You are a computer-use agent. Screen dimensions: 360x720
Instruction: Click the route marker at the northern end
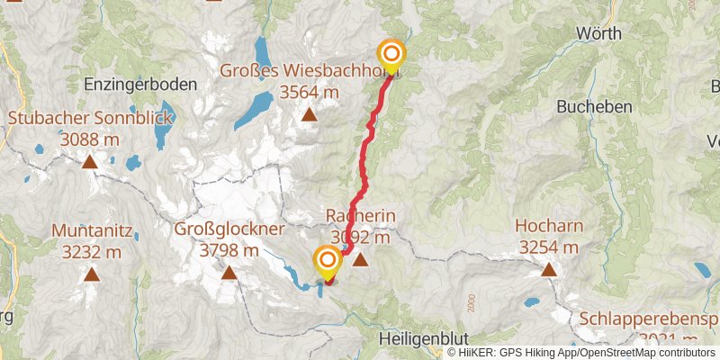pos(391,54)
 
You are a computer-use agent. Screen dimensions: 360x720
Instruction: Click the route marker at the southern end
pos(327,262)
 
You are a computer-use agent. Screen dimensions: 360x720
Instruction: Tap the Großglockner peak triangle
pos(229,273)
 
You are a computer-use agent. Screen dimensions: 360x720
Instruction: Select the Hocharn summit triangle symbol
pos(547,268)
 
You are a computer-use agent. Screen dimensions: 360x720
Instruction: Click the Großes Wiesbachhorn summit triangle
pos(309,114)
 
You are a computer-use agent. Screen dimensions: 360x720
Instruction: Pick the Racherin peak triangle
pos(360,260)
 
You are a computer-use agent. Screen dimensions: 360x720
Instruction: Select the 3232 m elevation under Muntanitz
pos(92,252)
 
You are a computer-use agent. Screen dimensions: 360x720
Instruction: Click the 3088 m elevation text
pos(89,139)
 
